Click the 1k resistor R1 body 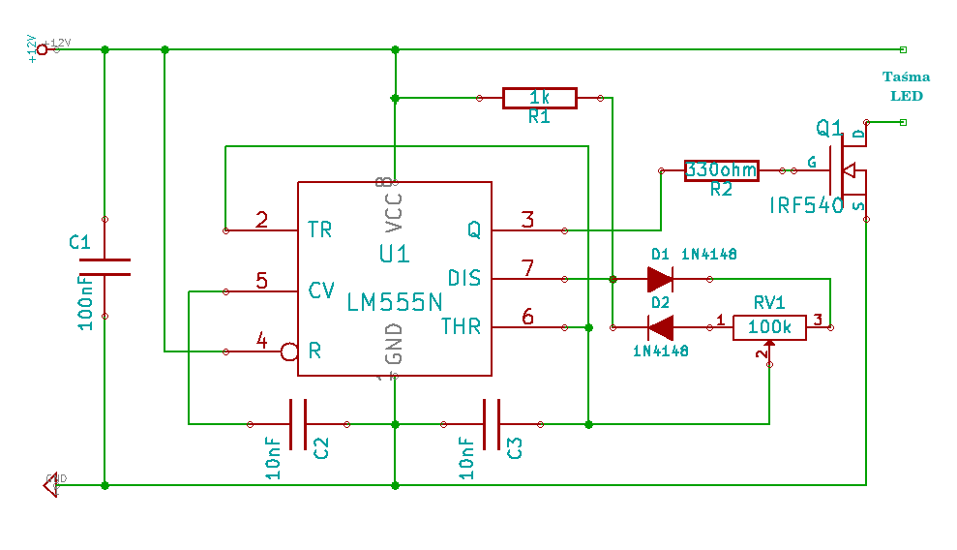pyautogui.click(x=539, y=98)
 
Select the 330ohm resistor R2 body pyautogui.click(x=721, y=170)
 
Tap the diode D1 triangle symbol pyautogui.click(x=660, y=279)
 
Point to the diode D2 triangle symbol pyautogui.click(x=661, y=327)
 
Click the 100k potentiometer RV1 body pyautogui.click(x=769, y=328)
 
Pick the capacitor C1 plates pyautogui.click(x=105, y=267)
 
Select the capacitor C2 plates pyautogui.click(x=298, y=424)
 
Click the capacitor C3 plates pyautogui.click(x=492, y=424)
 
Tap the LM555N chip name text pyautogui.click(x=394, y=302)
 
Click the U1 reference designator pyautogui.click(x=394, y=255)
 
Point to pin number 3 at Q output pyautogui.click(x=527, y=220)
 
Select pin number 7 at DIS pyautogui.click(x=527, y=268)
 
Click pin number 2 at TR pyautogui.click(x=261, y=220)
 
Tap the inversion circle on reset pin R pyautogui.click(x=288, y=351)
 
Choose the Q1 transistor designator pyautogui.click(x=829, y=128)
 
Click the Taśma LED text pyautogui.click(x=907, y=86)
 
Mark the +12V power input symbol pyautogui.click(x=42, y=48)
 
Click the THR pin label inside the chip pyautogui.click(x=461, y=326)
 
